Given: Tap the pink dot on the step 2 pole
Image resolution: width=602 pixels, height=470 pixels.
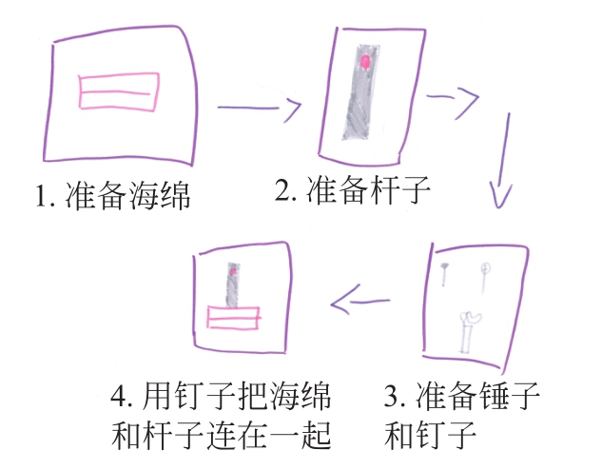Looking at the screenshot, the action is pyautogui.click(x=365, y=62).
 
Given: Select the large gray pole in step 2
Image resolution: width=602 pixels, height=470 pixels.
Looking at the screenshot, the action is pyautogui.click(x=360, y=92).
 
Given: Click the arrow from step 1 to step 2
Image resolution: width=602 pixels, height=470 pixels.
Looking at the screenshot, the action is pyautogui.click(x=260, y=108).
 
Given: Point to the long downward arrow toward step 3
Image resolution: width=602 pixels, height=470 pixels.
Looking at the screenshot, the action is pyautogui.click(x=504, y=162).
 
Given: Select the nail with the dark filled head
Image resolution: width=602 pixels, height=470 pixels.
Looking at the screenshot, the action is pyautogui.click(x=444, y=274).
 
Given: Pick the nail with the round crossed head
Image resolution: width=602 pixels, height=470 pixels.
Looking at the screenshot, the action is pyautogui.click(x=484, y=277).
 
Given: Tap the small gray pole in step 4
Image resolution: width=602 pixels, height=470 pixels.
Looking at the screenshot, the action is pyautogui.click(x=233, y=284).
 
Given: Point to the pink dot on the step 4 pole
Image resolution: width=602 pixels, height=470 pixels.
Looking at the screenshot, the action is pyautogui.click(x=232, y=271).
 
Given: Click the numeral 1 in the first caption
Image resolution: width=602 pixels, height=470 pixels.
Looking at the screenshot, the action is pyautogui.click(x=41, y=196).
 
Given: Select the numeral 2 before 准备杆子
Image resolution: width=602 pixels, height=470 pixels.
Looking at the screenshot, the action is pyautogui.click(x=282, y=189).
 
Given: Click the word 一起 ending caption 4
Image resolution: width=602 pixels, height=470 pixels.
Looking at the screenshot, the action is pyautogui.click(x=301, y=435).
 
